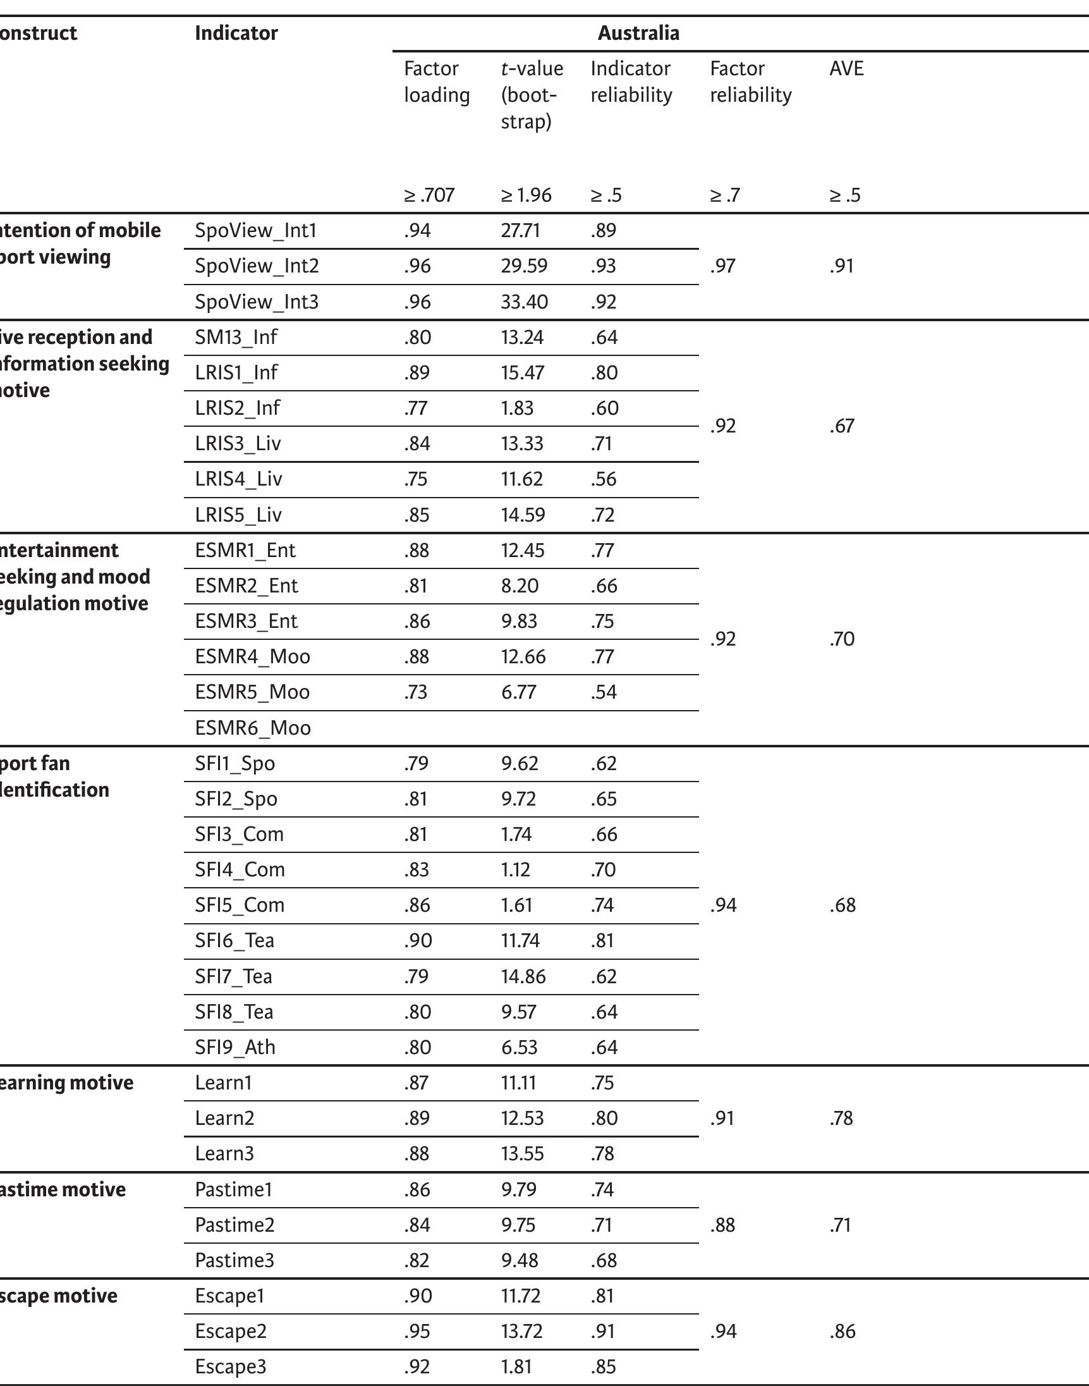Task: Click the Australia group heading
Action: point(638,32)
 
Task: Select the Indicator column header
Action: point(236,32)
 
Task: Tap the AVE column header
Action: point(846,68)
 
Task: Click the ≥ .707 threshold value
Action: point(429,195)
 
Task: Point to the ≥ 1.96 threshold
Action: point(526,195)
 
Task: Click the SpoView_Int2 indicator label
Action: point(257,266)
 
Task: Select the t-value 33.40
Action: point(524,301)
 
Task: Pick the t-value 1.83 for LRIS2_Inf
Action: point(517,408)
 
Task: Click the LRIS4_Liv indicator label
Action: point(238,479)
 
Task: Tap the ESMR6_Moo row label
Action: point(252,728)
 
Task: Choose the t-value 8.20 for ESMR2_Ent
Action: point(519,586)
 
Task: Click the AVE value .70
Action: point(842,639)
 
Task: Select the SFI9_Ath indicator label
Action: point(234,1047)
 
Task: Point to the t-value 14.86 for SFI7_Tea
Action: point(523,976)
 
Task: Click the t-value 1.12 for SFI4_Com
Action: point(515,869)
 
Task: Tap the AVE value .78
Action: point(841,1118)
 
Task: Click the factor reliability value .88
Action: point(722,1225)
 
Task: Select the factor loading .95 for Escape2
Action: point(417,1331)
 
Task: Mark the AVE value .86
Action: point(842,1331)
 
